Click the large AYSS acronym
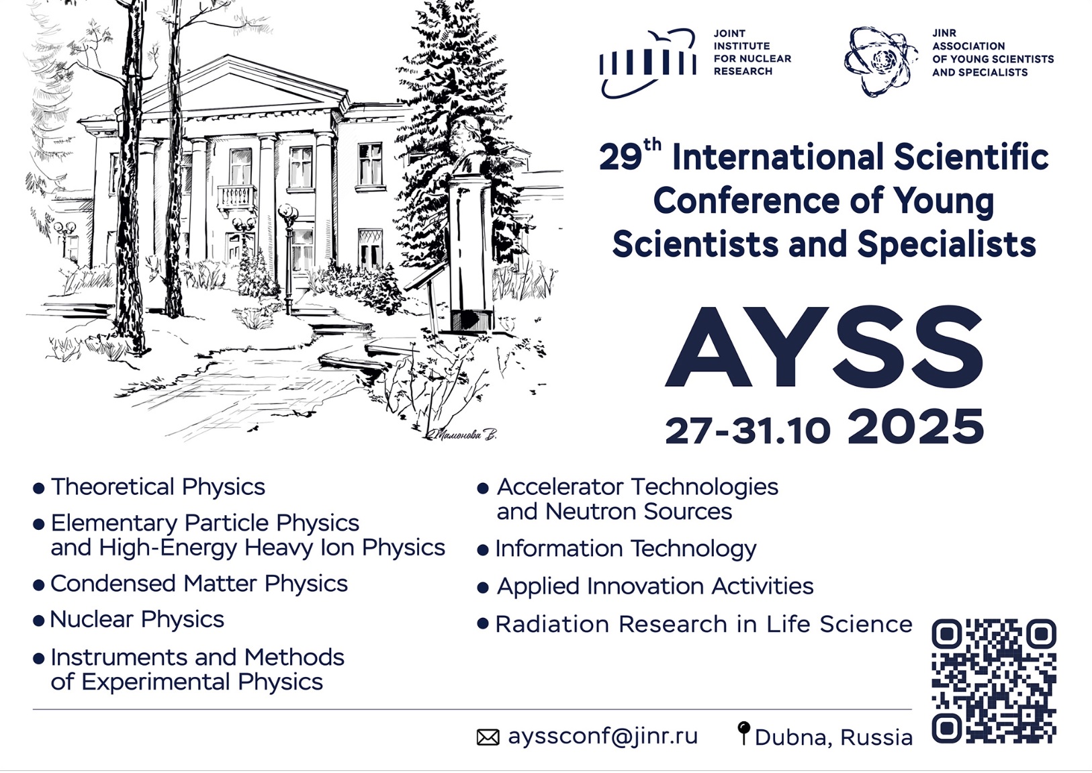click(x=823, y=347)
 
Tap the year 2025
click(x=916, y=426)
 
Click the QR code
click(x=994, y=681)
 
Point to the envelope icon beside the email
click(x=488, y=737)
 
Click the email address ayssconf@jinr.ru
click(x=603, y=736)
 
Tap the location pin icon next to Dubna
click(x=743, y=733)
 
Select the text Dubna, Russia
click(x=833, y=737)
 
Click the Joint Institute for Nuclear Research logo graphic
click(x=648, y=63)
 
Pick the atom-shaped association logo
click(x=881, y=61)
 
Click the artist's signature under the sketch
click(x=461, y=434)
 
